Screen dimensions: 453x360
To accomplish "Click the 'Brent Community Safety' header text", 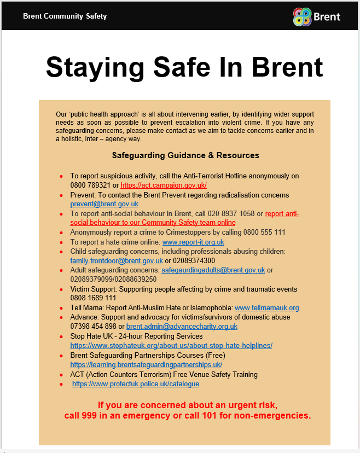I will [65, 16].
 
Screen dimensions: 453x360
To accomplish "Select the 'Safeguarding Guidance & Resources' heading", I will [185, 155].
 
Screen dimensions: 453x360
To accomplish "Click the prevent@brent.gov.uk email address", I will [104, 204].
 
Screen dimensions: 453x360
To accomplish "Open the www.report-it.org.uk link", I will [193, 242].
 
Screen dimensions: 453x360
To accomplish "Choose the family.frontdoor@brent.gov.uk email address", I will [116, 260].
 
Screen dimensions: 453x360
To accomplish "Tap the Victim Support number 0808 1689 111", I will [93, 298].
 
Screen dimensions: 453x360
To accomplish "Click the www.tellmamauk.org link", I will [266, 307].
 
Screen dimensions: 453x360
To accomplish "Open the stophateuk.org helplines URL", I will [171, 345].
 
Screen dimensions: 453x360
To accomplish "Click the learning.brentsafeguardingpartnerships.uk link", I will [146, 364].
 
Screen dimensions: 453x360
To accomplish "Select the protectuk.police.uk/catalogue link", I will [136, 384].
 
